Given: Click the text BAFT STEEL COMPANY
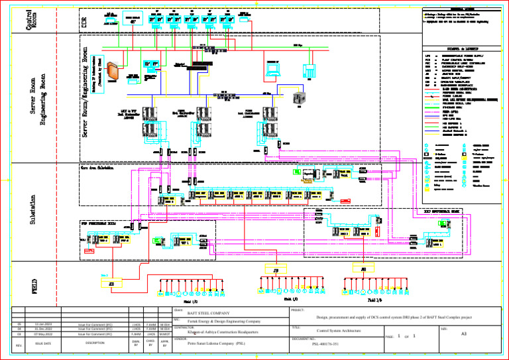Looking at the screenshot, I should [207, 312].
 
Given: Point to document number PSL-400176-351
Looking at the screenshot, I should [327, 344].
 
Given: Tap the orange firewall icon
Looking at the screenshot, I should [111, 70].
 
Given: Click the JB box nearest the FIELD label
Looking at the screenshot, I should [111, 283].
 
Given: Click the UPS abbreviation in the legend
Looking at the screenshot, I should [427, 56].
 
